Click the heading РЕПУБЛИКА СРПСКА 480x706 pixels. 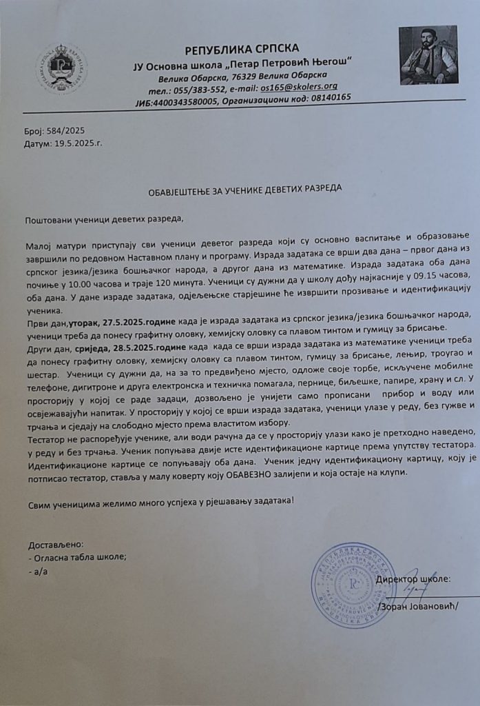242,48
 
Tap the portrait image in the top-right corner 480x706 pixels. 428,55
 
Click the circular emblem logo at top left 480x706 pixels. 61,68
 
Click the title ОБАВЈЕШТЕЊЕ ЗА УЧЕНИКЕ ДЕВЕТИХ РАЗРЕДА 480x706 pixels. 244,187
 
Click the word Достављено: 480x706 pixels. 55,544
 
